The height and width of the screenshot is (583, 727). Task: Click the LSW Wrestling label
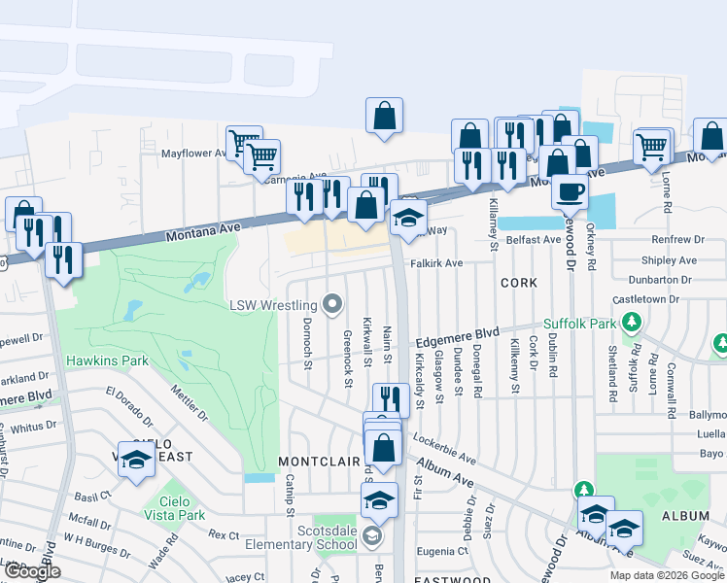[274, 305]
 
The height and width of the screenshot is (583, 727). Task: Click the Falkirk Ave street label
[436, 263]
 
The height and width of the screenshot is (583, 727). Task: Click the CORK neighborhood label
[518, 283]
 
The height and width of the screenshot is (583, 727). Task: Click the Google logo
[32, 571]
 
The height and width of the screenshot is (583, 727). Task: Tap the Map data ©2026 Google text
[667, 575]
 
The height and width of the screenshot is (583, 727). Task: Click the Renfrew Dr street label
[678, 239]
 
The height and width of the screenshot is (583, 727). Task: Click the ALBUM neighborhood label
[686, 516]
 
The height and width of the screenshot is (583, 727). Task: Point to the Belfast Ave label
[533, 239]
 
